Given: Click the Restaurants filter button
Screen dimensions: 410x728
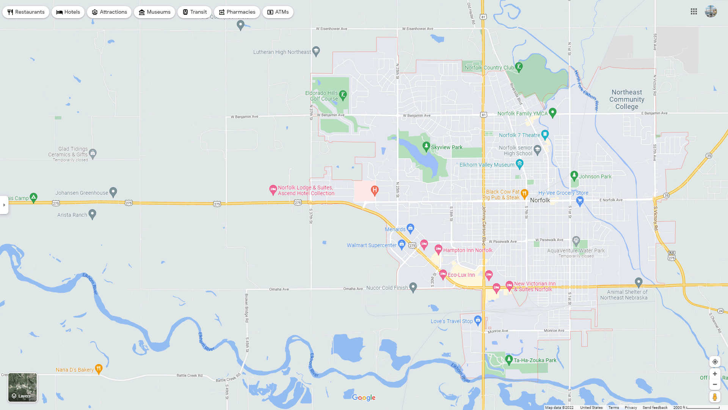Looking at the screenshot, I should (26, 12).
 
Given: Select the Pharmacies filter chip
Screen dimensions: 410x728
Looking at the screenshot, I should (237, 12).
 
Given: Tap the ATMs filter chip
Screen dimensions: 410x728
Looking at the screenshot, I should (278, 12).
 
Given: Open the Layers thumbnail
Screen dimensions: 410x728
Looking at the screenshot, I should (23, 387).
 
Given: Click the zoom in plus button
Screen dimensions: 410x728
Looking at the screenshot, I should (715, 374).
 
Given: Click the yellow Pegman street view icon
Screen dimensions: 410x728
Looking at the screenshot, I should (715, 397).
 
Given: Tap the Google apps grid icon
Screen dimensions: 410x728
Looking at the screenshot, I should (694, 12).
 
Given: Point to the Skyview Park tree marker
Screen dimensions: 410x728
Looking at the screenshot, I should (426, 146).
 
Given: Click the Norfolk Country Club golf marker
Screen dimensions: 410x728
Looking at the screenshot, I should (519, 67).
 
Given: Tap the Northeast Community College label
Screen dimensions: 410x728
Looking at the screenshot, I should (627, 99).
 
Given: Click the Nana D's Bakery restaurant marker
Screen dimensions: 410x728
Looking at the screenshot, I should (99, 368).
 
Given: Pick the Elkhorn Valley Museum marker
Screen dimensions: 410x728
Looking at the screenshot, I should (519, 164).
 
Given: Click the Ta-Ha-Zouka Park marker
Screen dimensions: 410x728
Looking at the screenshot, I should (509, 359).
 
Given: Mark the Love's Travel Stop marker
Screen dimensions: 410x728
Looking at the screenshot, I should (478, 320).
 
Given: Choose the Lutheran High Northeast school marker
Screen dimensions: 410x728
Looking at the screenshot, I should (316, 51).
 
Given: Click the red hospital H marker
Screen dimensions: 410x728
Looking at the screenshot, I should (375, 190).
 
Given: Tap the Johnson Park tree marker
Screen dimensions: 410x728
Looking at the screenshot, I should (574, 175).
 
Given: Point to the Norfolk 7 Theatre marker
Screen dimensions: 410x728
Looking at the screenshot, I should (545, 134).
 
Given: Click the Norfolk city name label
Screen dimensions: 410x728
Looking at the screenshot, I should (540, 200).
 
